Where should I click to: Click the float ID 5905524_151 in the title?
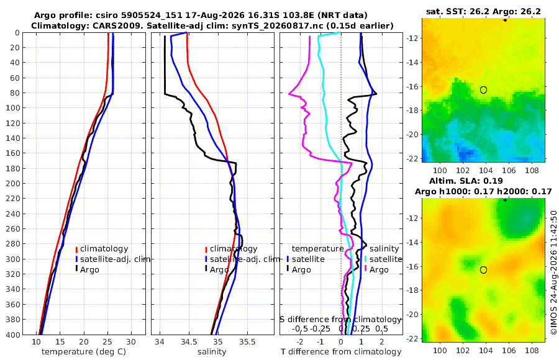pyautogui.click(x=160, y=16)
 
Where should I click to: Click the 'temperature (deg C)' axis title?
pyautogui.click(x=84, y=352)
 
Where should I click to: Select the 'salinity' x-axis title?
pyautogui.click(x=212, y=352)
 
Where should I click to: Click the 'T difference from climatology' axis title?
pyautogui.click(x=341, y=352)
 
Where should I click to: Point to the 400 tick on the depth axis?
pyautogui.click(x=13, y=335)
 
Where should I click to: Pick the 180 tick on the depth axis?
pyautogui.click(x=13, y=168)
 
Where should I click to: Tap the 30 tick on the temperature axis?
pyautogui.click(x=131, y=341)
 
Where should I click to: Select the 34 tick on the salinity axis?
pyautogui.click(x=160, y=341)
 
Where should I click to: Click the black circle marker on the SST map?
pyautogui.click(x=483, y=90)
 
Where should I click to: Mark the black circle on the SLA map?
pyautogui.click(x=483, y=270)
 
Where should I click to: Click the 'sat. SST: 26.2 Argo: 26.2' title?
pyautogui.click(x=483, y=11)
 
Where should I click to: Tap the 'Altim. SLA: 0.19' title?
pyautogui.click(x=466, y=181)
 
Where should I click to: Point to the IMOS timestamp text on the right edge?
pyautogui.click(x=553, y=272)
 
